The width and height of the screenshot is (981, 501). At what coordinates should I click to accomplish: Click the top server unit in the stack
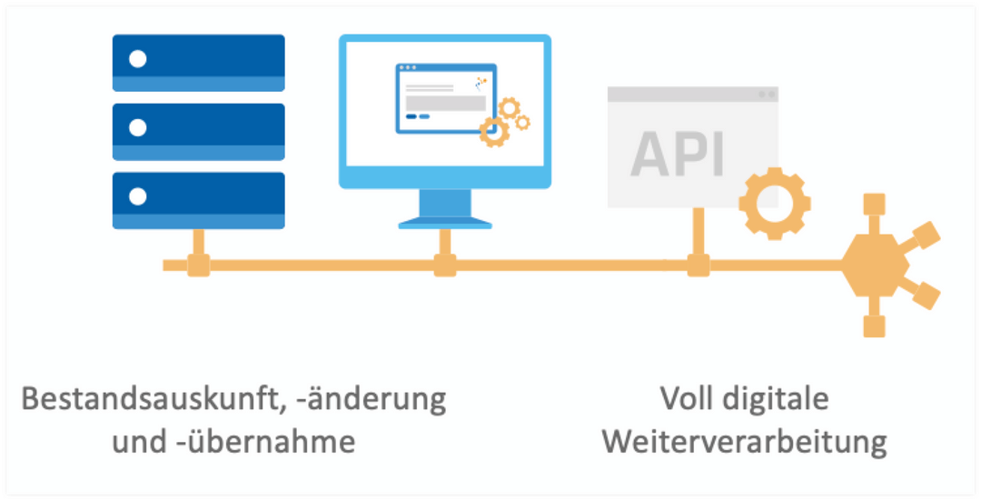pos(198,62)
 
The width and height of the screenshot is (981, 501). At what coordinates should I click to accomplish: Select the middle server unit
pos(198,131)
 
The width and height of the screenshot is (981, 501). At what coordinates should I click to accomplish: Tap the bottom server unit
pos(198,200)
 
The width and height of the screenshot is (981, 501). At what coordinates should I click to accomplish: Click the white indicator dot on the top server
pos(137,59)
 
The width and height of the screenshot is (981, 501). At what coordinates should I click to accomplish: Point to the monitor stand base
pos(445,222)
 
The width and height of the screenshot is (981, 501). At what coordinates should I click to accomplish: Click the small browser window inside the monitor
pos(445,98)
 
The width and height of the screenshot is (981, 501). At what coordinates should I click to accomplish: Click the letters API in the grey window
pos(678,153)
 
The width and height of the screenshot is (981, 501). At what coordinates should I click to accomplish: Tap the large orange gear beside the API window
pos(773,203)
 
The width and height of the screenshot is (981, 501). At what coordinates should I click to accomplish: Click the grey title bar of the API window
pos(692,94)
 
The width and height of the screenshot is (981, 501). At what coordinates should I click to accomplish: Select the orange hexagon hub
pos(874,266)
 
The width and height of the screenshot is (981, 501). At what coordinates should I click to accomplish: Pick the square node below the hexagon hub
pos(874,326)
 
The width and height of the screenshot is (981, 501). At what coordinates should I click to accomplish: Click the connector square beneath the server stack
pos(198,266)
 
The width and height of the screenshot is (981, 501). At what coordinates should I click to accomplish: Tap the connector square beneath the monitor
pos(444,266)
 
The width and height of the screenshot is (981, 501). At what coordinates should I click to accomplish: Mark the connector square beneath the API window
pos(698,266)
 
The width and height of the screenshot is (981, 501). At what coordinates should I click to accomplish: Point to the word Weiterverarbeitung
pos(744,443)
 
